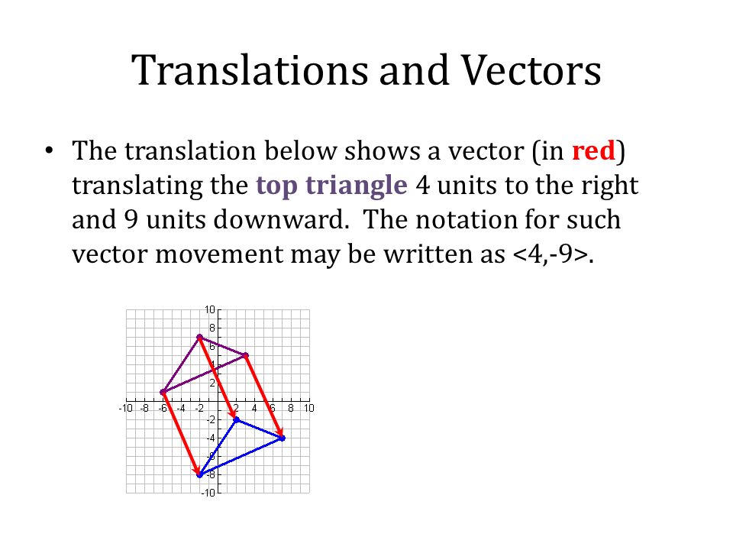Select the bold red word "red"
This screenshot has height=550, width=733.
(x=593, y=151)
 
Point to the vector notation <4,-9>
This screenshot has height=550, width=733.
(x=548, y=255)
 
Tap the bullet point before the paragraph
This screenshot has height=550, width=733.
(x=50, y=151)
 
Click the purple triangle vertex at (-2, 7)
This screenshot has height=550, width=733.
(x=199, y=337)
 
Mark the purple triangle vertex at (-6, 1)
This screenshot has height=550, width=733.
(x=163, y=392)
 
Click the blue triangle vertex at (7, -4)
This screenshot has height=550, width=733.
(x=282, y=438)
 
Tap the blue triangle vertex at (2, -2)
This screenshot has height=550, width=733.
(x=236, y=419)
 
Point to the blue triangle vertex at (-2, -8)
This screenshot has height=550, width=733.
(x=199, y=474)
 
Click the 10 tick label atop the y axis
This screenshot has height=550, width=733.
(x=209, y=309)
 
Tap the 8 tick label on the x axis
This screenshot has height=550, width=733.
(x=291, y=409)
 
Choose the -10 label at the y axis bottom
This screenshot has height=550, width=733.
(x=208, y=493)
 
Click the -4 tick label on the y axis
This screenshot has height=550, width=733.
(x=209, y=438)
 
